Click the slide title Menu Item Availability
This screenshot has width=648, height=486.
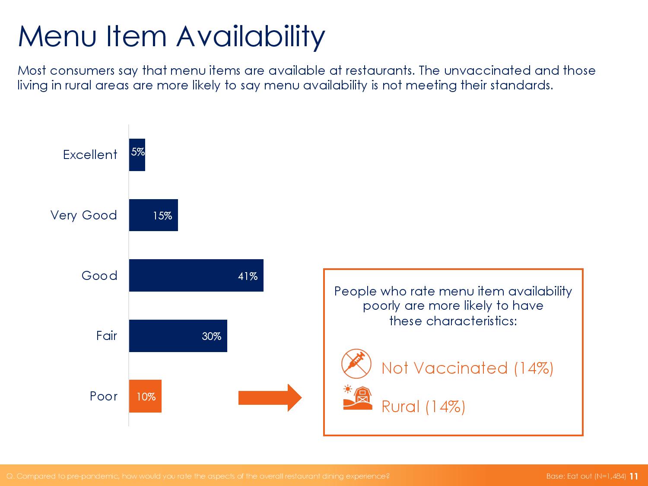pyautogui.click(x=172, y=37)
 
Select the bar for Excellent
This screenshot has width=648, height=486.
pyautogui.click(x=137, y=155)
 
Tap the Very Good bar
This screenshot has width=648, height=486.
pyautogui.click(x=153, y=215)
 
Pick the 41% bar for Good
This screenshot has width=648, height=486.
pyautogui.click(x=196, y=275)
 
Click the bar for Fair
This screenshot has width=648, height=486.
pyautogui.click(x=178, y=336)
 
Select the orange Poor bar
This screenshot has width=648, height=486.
pyautogui.click(x=145, y=396)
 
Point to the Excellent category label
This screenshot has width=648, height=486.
pyautogui.click(x=90, y=155)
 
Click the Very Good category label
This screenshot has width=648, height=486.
pyautogui.click(x=83, y=216)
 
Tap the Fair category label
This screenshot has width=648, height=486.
pyautogui.click(x=107, y=336)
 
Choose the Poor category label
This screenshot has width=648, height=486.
pyautogui.click(x=104, y=396)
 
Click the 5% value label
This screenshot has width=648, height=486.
pyautogui.click(x=138, y=152)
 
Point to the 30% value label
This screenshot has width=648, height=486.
pyautogui.click(x=211, y=336)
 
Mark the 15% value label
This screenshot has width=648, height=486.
pyautogui.click(x=162, y=216)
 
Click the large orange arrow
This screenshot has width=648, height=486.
pyautogui.click(x=270, y=398)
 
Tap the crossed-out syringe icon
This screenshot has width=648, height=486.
pyautogui.click(x=356, y=364)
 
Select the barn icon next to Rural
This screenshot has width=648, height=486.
pyautogui.click(x=358, y=398)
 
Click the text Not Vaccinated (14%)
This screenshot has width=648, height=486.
pyautogui.click(x=467, y=368)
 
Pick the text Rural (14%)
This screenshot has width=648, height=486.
pyautogui.click(x=423, y=407)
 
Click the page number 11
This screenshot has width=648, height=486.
pyautogui.click(x=634, y=476)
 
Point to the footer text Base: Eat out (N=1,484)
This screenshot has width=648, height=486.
pyautogui.click(x=586, y=476)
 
